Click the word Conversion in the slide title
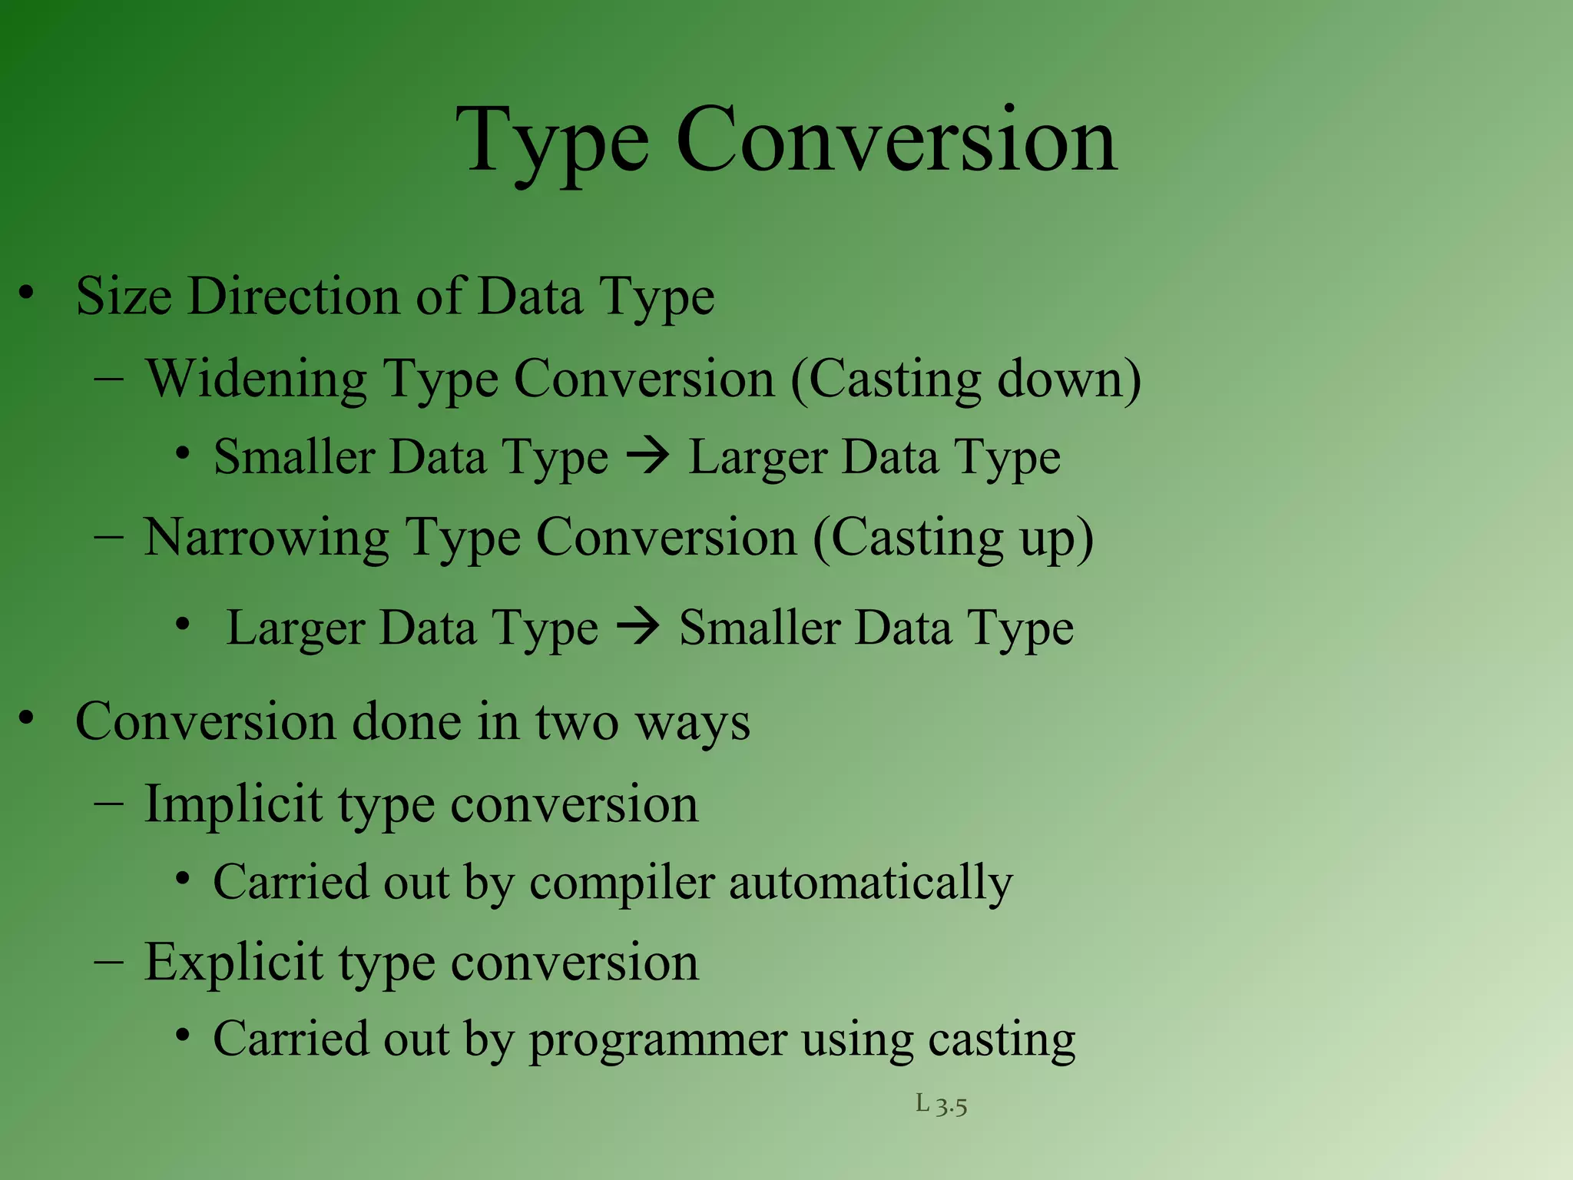click(896, 141)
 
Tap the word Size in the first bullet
click(123, 297)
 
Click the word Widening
click(257, 380)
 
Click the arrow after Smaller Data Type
click(648, 457)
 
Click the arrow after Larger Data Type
click(638, 626)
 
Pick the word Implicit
click(233, 805)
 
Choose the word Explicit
click(233, 963)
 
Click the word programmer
click(657, 1040)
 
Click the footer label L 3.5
click(941, 1105)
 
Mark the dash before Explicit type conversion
click(109, 961)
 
